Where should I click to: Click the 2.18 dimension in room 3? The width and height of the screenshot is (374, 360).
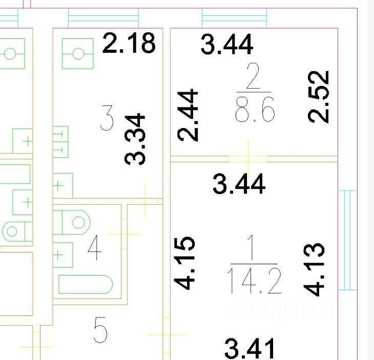coord(129,43)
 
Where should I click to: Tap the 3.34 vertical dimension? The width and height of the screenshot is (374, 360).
coord(136,139)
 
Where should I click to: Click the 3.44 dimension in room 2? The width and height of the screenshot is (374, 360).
coord(227,44)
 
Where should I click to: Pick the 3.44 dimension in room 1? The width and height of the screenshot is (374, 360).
coord(239,184)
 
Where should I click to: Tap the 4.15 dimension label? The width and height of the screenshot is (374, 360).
coord(184,262)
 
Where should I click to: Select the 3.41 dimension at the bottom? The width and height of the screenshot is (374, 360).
coord(251,349)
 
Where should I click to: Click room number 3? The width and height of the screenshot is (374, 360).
coord(107,118)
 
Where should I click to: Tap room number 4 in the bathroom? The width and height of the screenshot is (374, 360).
coord(95,248)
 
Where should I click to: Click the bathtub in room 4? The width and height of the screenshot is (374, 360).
coord(85,284)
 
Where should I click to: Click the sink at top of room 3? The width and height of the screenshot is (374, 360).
coord(78,53)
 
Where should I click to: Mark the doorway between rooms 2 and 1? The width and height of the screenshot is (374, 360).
coord(248,159)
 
